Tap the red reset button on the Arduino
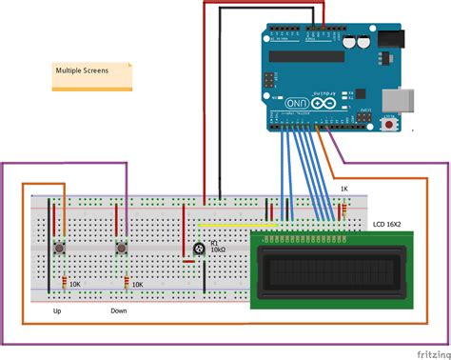click(x=388, y=124)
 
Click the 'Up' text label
click(x=56, y=310)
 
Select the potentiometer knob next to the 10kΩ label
click(x=197, y=249)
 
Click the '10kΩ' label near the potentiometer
click(x=218, y=250)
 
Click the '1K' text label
click(x=345, y=190)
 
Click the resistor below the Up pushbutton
click(x=64, y=283)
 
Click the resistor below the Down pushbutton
click(x=127, y=283)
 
